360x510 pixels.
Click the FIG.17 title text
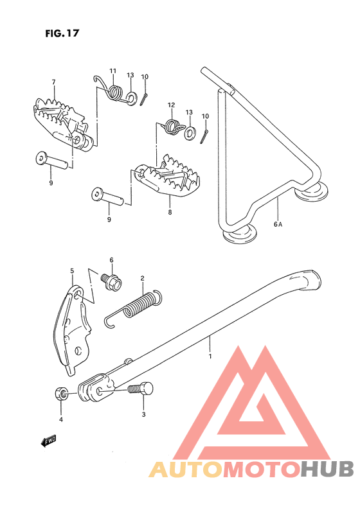click(x=62, y=33)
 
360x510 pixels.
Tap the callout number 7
click(x=54, y=82)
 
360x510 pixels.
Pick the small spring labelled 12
click(x=172, y=125)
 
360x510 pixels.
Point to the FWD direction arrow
click(x=47, y=441)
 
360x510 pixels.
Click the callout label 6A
click(x=278, y=224)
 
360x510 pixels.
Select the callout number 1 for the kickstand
click(x=209, y=354)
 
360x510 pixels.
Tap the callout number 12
click(x=172, y=105)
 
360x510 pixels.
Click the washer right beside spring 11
click(x=130, y=98)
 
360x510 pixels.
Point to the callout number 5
click(x=72, y=271)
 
